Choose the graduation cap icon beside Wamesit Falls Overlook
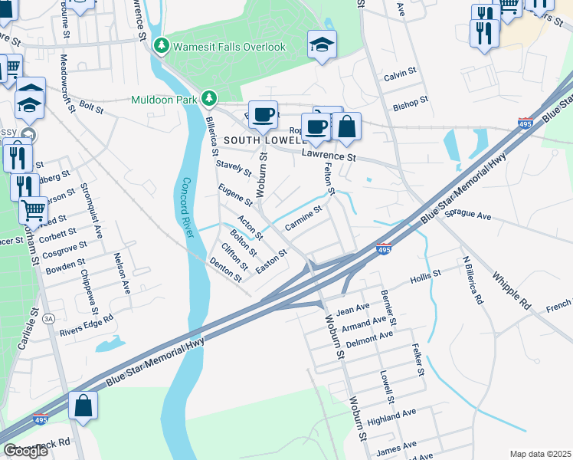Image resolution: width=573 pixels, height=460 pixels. pyautogui.click(x=323, y=45)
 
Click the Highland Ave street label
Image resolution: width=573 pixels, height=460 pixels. pyautogui.click(x=391, y=417)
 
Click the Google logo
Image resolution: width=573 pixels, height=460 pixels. pyautogui.click(x=25, y=451)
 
